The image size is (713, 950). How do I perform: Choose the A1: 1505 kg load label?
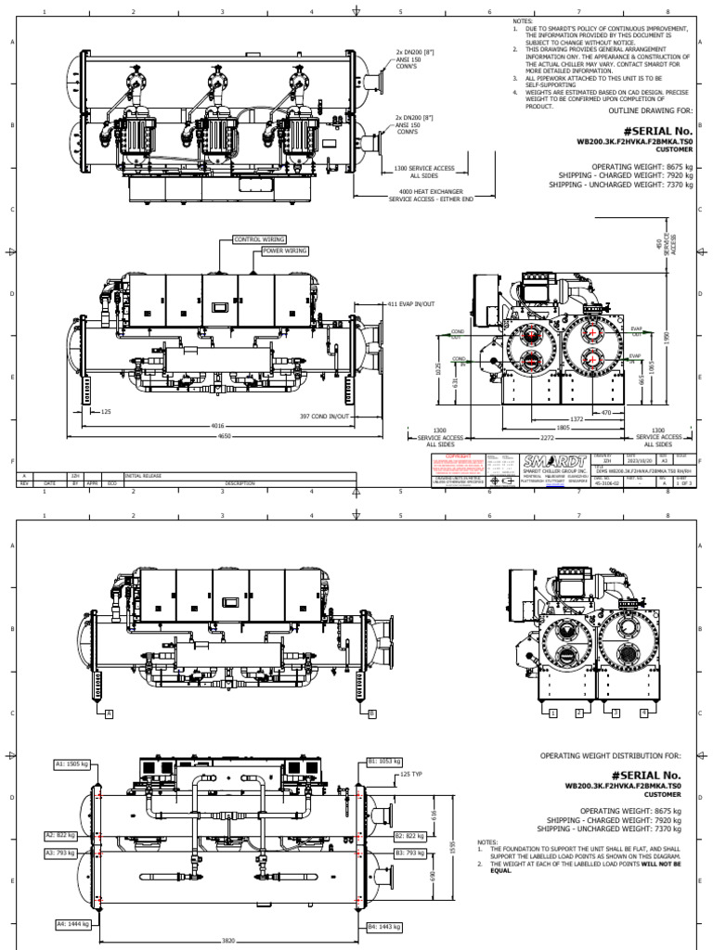coord(71,764)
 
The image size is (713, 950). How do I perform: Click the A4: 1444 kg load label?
coord(71,925)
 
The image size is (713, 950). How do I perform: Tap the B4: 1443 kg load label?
coord(383,925)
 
